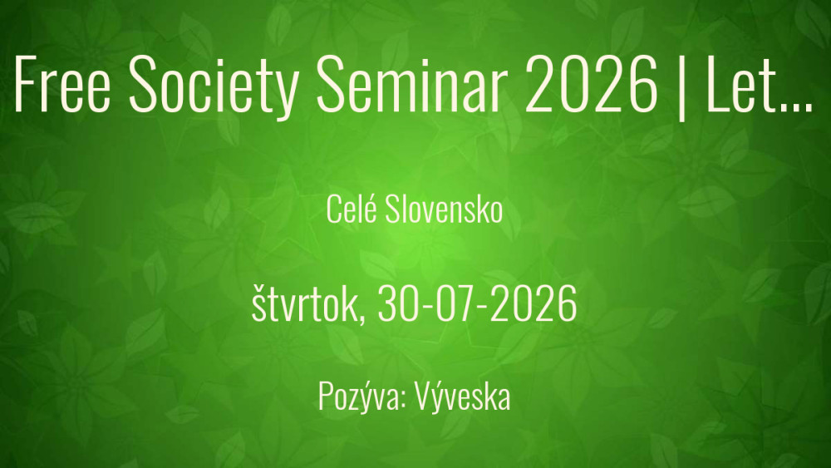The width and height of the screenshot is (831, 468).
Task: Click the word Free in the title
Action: tap(62, 84)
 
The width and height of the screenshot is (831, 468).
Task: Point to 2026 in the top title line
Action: tap(592, 84)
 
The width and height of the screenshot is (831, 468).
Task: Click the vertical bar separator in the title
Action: tap(681, 87)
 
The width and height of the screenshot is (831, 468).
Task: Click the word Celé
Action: tap(352, 209)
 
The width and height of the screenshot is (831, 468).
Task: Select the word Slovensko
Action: tap(444, 209)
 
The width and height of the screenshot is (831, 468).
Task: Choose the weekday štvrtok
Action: tap(305, 303)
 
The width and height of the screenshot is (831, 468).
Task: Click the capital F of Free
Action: tap(26, 84)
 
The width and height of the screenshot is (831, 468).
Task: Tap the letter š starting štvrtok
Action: tap(258, 303)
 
